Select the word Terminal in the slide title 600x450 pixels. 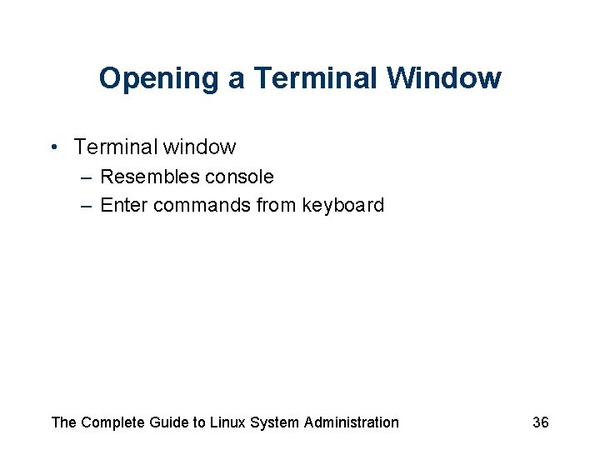click(316, 79)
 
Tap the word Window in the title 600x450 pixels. click(444, 79)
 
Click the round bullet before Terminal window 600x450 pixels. click(53, 148)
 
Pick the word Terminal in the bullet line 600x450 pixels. click(115, 147)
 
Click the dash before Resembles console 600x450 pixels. click(87, 177)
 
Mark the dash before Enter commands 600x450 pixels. click(87, 206)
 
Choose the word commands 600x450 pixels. click(199, 205)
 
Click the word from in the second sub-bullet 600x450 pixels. click(276, 205)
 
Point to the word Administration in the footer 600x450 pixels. click(352, 422)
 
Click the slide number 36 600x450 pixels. click(541, 422)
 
